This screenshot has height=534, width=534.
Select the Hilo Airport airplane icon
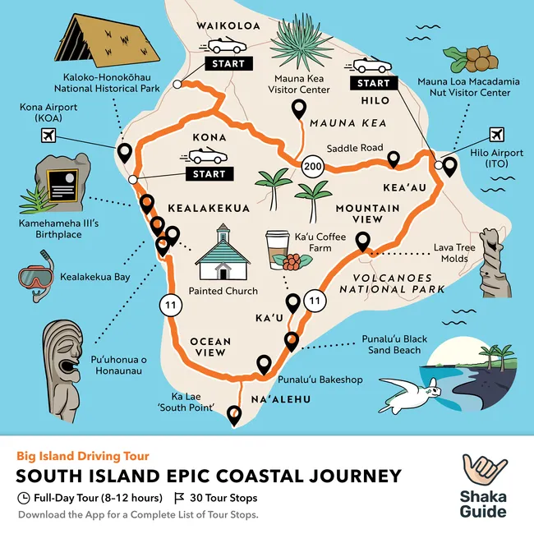(x=496, y=135)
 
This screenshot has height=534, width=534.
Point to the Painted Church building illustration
(x=223, y=254)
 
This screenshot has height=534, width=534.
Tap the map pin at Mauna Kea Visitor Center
(x=299, y=108)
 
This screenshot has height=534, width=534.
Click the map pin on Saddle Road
(x=394, y=159)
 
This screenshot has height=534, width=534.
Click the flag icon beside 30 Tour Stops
(x=179, y=498)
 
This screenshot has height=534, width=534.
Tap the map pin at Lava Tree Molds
(x=361, y=241)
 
